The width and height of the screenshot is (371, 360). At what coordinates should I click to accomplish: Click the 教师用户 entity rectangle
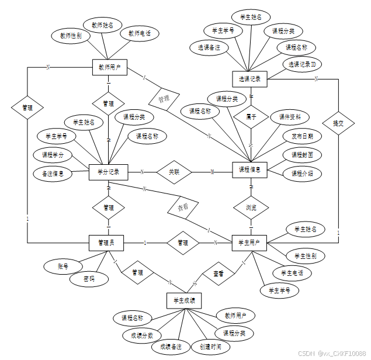point(109,67)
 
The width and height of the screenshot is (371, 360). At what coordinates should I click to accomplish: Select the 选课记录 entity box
point(249,78)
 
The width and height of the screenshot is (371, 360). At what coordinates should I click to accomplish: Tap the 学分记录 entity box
point(109,172)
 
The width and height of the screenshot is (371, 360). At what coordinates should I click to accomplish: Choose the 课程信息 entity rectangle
point(249,170)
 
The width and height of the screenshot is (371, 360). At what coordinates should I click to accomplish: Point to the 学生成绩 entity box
point(184,301)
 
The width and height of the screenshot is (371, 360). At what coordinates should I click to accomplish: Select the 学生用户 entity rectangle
point(249,242)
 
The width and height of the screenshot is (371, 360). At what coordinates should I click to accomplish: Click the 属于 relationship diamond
point(251,116)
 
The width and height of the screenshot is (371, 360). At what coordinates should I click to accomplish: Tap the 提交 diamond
point(338,123)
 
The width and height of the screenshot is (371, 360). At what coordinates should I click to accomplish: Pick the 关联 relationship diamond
point(174,172)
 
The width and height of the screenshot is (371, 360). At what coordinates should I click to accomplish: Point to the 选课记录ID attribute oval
point(301,64)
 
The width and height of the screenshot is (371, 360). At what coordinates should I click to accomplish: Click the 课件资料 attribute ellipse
point(290,117)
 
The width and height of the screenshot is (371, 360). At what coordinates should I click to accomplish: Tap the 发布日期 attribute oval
point(302,136)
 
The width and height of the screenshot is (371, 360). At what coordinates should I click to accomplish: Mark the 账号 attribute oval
point(63,266)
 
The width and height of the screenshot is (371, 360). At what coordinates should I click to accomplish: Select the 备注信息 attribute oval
point(53,173)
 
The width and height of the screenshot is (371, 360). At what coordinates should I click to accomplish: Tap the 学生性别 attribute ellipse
point(305,256)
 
